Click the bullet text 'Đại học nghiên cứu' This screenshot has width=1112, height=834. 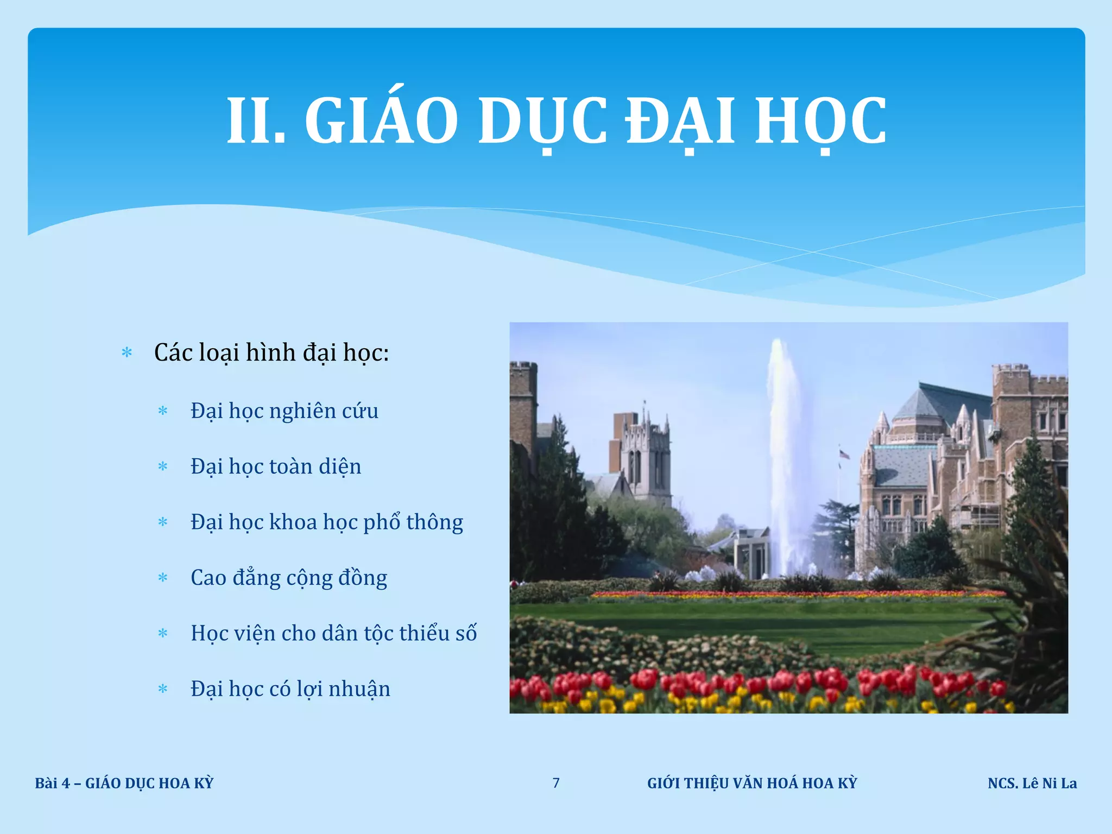point(284,411)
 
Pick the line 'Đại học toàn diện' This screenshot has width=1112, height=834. point(275,467)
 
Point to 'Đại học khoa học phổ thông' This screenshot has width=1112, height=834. point(326,522)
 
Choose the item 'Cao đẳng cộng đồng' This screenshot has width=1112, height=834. point(288,578)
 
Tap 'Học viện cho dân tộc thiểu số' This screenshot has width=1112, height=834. point(333,634)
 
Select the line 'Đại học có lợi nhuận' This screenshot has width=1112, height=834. point(290,689)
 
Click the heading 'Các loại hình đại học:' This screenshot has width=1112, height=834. point(271,353)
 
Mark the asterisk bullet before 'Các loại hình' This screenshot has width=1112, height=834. point(127,353)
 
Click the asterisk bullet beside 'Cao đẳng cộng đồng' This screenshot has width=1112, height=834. point(163,578)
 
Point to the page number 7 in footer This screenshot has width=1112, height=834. point(556,783)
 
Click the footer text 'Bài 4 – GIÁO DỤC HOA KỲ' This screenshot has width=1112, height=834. point(124,783)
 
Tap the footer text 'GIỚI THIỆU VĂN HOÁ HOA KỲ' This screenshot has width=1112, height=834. point(751,783)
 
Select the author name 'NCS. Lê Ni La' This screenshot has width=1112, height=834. point(1032,783)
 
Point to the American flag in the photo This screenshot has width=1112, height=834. point(844,454)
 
